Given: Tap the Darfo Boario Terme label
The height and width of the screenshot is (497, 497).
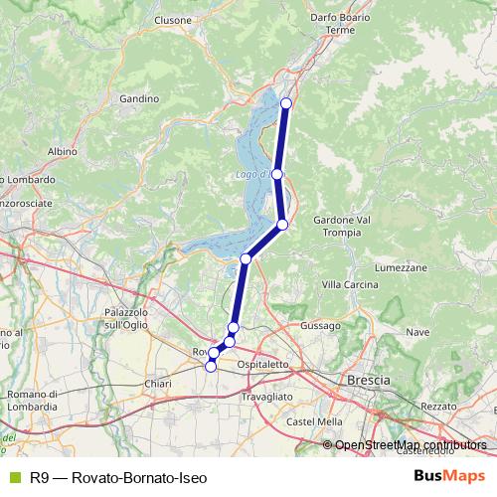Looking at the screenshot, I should pos(339,24).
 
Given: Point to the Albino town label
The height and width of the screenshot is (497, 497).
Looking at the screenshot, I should pos(62,151).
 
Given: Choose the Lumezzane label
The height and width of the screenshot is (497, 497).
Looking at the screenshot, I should pos(401,268).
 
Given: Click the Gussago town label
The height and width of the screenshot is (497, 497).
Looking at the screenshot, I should pos(321,325).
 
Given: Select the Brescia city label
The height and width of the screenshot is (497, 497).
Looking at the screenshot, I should pos(369,381).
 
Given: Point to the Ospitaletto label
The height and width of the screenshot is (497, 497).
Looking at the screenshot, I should pos(263,365).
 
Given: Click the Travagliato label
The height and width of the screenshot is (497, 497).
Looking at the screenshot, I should pos(267,396).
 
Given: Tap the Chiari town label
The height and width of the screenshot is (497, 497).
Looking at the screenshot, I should pos(158,383).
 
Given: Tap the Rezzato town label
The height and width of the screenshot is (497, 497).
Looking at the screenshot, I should pos(438,407).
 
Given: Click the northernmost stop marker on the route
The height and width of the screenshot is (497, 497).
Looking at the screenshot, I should pos(286,103).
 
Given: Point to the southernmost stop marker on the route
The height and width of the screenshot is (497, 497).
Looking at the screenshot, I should pos(210,367).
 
